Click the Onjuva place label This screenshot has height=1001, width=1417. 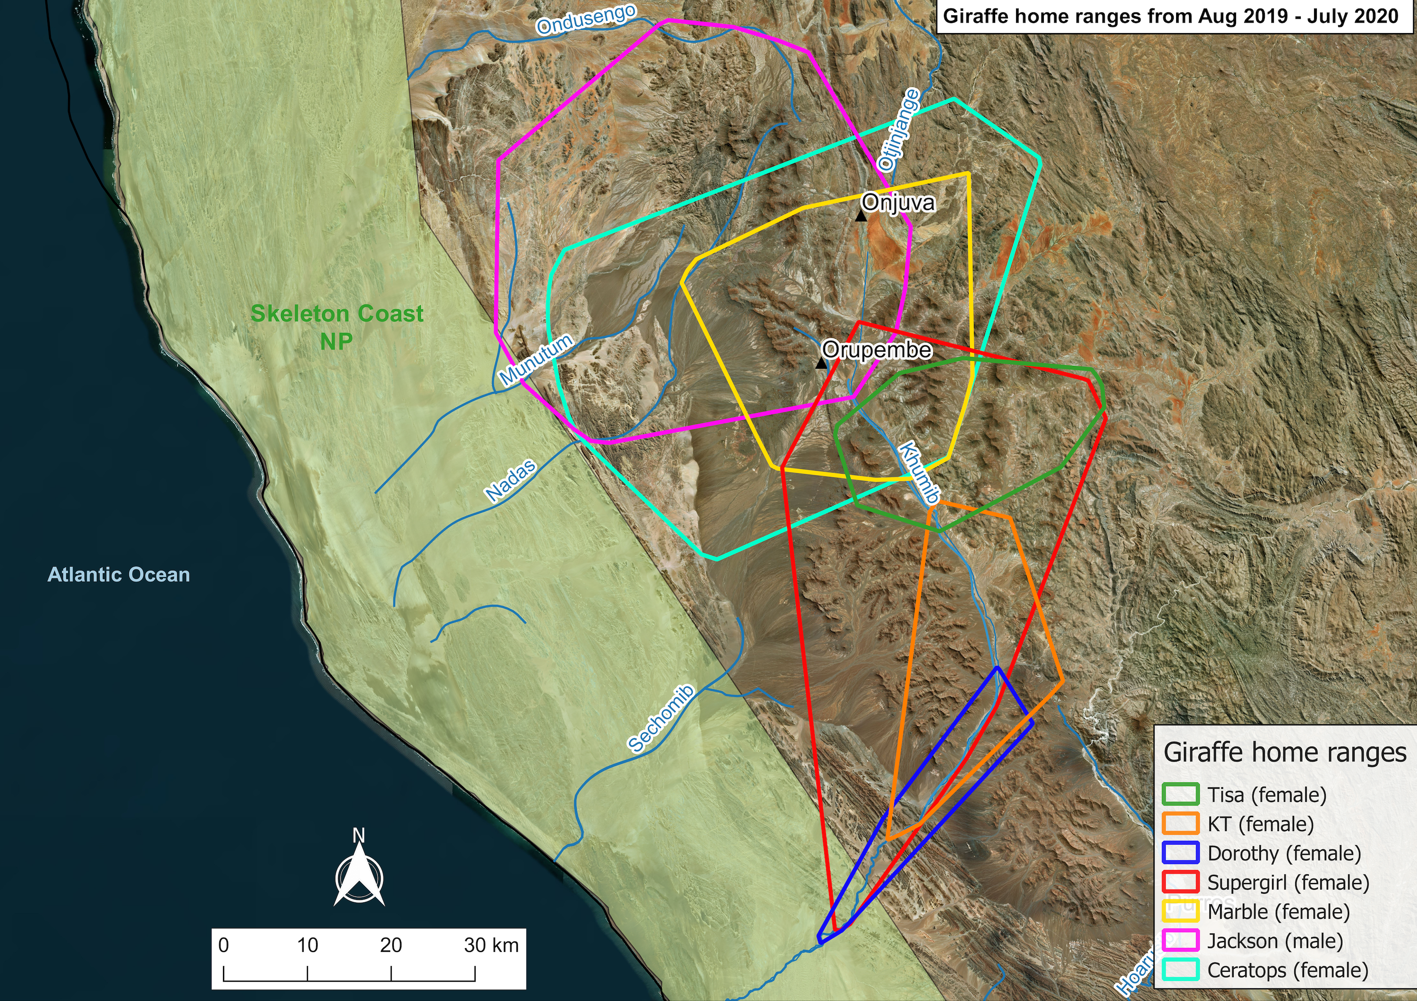898,202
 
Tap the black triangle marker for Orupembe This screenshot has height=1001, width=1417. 821,363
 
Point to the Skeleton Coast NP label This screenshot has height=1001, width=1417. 336,327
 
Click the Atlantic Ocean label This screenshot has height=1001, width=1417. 119,575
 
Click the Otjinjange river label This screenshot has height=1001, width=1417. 898,129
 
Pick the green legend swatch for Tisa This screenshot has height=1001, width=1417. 1180,794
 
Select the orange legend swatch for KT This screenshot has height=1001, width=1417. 1180,824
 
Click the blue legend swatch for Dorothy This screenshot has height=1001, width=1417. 1180,853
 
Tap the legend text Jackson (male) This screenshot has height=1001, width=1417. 1275,941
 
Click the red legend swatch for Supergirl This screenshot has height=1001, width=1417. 1180,882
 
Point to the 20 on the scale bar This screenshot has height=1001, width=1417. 391,945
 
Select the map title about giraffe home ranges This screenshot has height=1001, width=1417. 1171,16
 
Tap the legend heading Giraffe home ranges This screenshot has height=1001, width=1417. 1285,753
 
